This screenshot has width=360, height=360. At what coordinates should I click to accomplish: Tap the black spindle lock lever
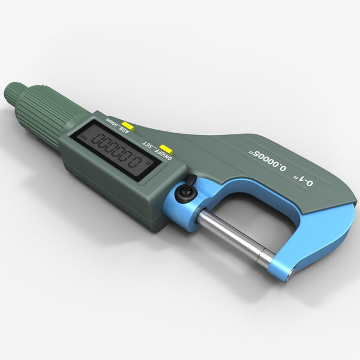pyautogui.click(x=191, y=182)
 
